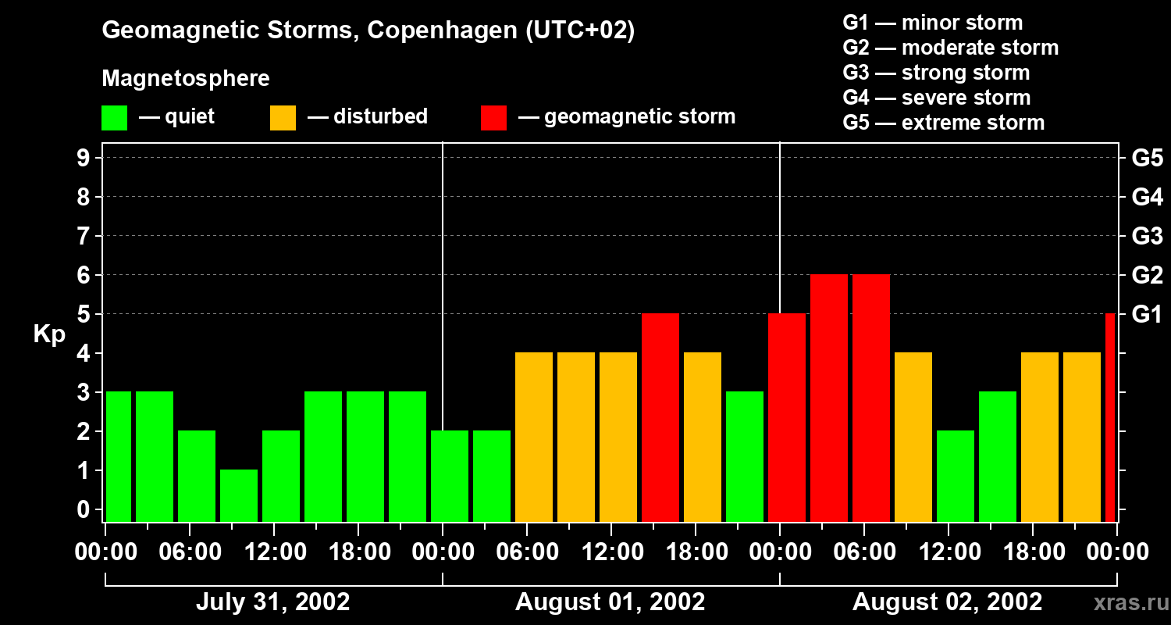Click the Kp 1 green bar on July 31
pos(239,495)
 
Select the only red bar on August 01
pos(660,417)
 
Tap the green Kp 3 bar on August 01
pos(745,456)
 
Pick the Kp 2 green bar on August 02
pos(956,476)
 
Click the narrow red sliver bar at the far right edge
pos(1110,417)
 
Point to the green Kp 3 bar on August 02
pos(998,456)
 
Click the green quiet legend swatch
pos(115,118)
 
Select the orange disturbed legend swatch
pos(283,118)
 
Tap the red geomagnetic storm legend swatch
pos(494,118)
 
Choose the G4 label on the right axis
pos(1147,197)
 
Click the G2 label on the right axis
pos(1147,275)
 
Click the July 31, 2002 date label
pos(272,602)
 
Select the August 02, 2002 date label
pos(947,602)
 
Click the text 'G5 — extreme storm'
pos(943,123)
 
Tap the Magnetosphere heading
pos(186,79)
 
